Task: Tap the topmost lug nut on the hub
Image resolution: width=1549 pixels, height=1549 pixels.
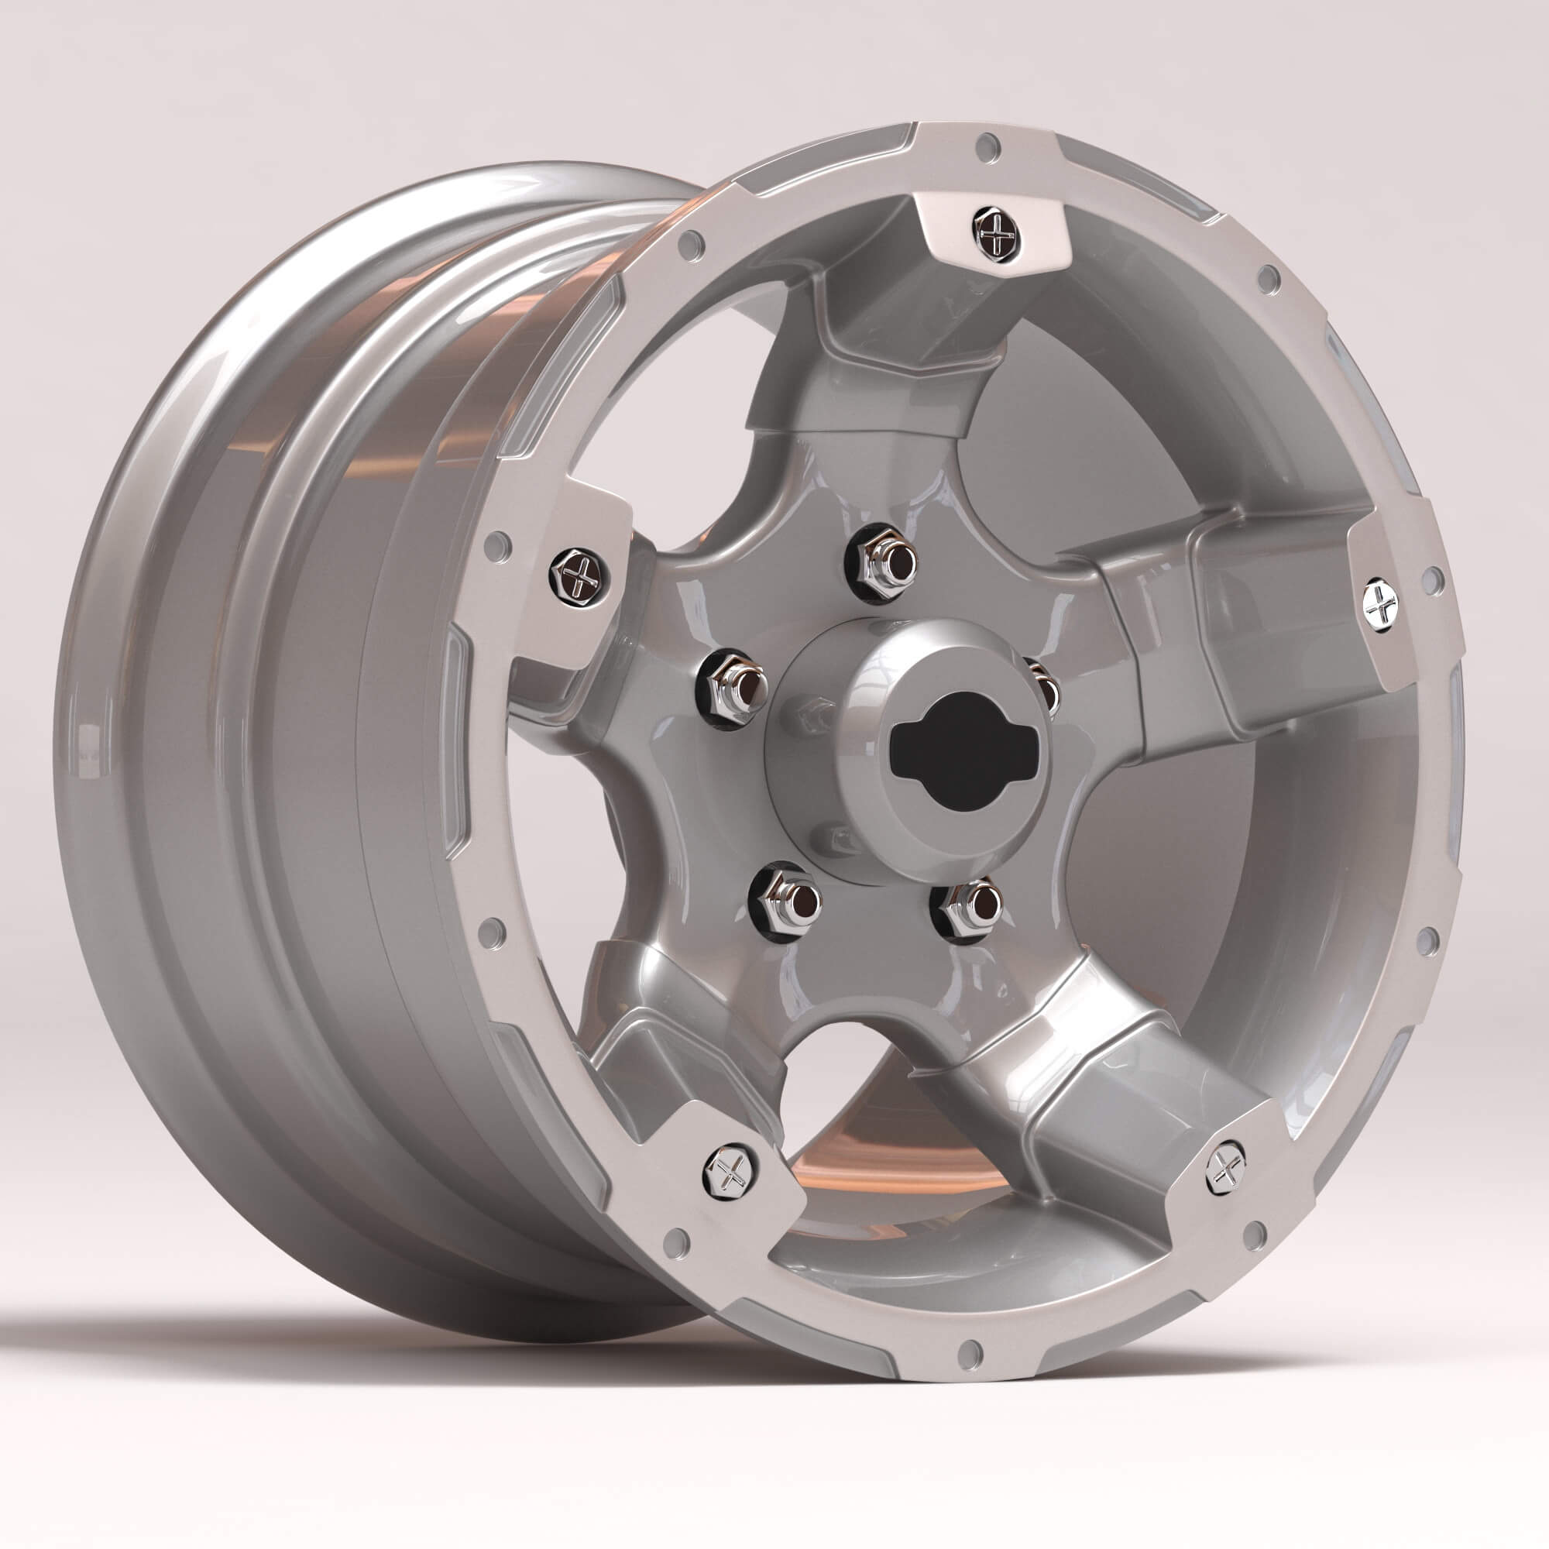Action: tap(884, 560)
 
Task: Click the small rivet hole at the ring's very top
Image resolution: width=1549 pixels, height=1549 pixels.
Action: tap(987, 146)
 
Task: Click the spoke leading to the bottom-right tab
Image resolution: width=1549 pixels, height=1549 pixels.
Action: tap(1083, 1074)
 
